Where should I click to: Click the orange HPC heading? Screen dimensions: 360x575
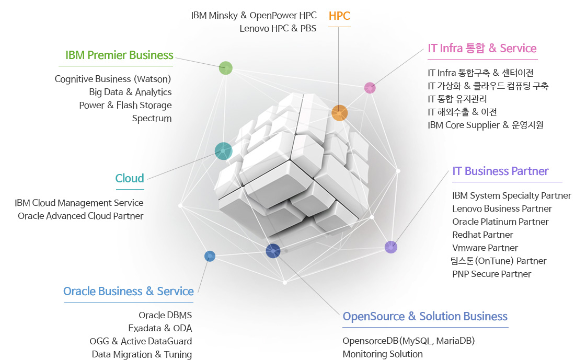339,16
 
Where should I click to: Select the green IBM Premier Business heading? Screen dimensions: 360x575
119,55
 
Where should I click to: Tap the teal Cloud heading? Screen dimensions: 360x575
130,178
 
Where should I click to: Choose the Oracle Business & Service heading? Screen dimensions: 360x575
128,291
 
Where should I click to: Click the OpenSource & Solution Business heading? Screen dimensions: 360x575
425,316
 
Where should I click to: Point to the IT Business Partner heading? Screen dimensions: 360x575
500,171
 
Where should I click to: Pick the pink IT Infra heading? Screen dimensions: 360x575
482,48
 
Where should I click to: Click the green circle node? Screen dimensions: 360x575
225,68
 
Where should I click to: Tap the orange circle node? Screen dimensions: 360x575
339,113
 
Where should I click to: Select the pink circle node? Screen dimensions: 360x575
370,88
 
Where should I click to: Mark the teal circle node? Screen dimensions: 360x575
223,151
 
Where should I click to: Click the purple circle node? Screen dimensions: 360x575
390,247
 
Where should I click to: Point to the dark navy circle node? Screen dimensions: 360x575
273,251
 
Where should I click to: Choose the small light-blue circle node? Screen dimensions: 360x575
210,256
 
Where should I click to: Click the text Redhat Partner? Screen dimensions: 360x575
482,235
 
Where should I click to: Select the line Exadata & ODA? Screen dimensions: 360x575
160,328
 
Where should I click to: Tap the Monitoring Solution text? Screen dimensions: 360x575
382,354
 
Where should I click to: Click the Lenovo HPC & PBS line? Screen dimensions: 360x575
278,28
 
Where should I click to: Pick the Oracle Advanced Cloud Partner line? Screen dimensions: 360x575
80,216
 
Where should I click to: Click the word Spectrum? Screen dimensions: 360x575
152,118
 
